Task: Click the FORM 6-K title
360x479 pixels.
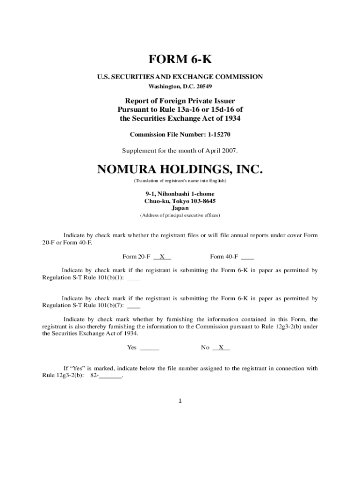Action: (x=180, y=60)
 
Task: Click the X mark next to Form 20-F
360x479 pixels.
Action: (x=162, y=256)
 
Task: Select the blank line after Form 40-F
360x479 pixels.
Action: (x=248, y=257)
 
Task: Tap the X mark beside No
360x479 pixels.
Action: (x=221, y=348)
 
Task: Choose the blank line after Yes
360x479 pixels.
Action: (x=150, y=348)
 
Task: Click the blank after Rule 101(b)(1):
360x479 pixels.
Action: (x=134, y=278)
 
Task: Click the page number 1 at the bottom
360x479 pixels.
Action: (x=180, y=401)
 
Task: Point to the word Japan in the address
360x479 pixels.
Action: (x=180, y=208)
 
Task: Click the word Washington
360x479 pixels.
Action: (x=163, y=87)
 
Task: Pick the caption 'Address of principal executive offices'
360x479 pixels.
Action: (x=180, y=216)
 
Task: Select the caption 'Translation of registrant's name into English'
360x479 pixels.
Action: (x=180, y=181)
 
